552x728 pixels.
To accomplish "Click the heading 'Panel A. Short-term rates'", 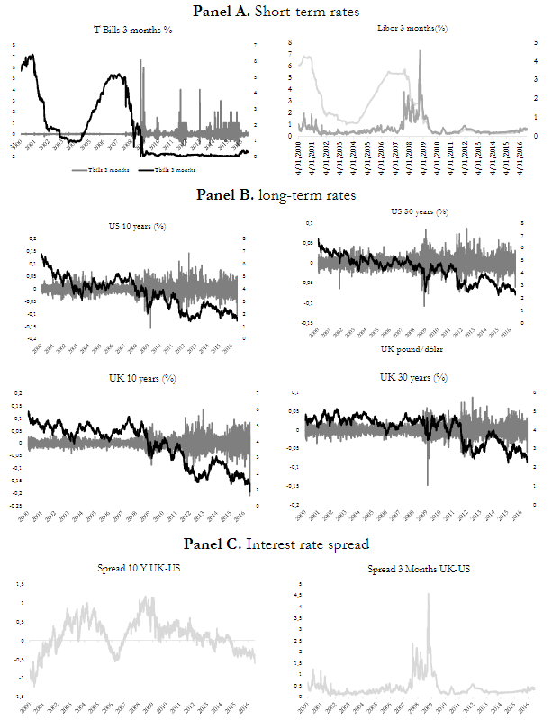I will click(276, 11).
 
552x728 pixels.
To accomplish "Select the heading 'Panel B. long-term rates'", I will click(276, 193).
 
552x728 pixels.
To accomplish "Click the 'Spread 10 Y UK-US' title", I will click(141, 571).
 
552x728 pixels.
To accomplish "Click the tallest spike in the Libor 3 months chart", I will click(420, 52).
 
